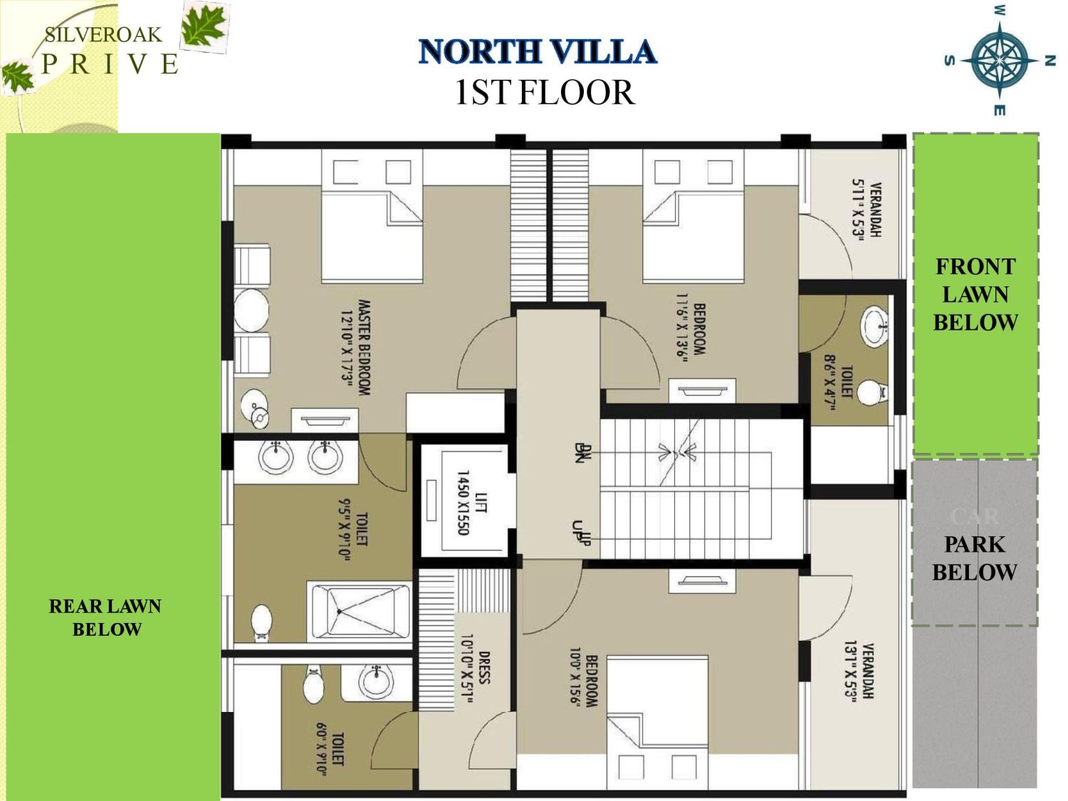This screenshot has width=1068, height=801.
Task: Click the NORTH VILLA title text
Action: (538, 52)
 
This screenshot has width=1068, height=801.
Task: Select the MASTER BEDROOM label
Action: (355, 347)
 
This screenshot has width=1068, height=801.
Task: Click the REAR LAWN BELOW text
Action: (105, 617)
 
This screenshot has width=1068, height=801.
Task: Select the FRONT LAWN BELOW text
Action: (975, 294)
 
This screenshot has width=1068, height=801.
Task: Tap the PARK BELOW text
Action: (974, 558)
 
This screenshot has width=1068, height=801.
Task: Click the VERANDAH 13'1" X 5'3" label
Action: (859, 671)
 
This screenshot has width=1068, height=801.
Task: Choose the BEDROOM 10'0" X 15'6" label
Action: (584, 681)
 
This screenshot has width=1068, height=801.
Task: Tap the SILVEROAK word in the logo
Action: (103, 34)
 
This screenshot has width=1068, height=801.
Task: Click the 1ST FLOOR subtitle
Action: (544, 93)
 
